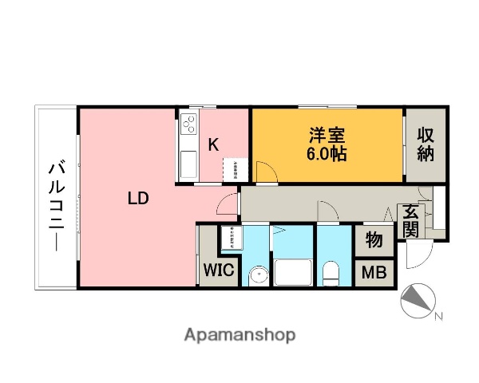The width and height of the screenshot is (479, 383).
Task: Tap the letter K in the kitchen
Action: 214,144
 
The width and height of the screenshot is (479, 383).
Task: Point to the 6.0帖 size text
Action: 327,154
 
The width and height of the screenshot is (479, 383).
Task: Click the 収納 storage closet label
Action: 426,144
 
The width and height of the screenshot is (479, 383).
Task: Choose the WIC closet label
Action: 216,270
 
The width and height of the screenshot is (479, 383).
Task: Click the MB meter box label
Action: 374,273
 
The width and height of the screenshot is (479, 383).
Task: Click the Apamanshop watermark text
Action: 239,335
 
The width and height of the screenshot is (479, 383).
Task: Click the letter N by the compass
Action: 437,317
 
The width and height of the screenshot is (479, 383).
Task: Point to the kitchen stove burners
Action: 189,124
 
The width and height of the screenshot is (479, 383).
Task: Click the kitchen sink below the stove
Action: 188,164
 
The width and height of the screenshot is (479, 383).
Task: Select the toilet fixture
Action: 331,274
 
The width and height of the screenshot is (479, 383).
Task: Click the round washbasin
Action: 257,276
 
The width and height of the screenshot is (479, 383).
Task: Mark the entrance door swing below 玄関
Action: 416,254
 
